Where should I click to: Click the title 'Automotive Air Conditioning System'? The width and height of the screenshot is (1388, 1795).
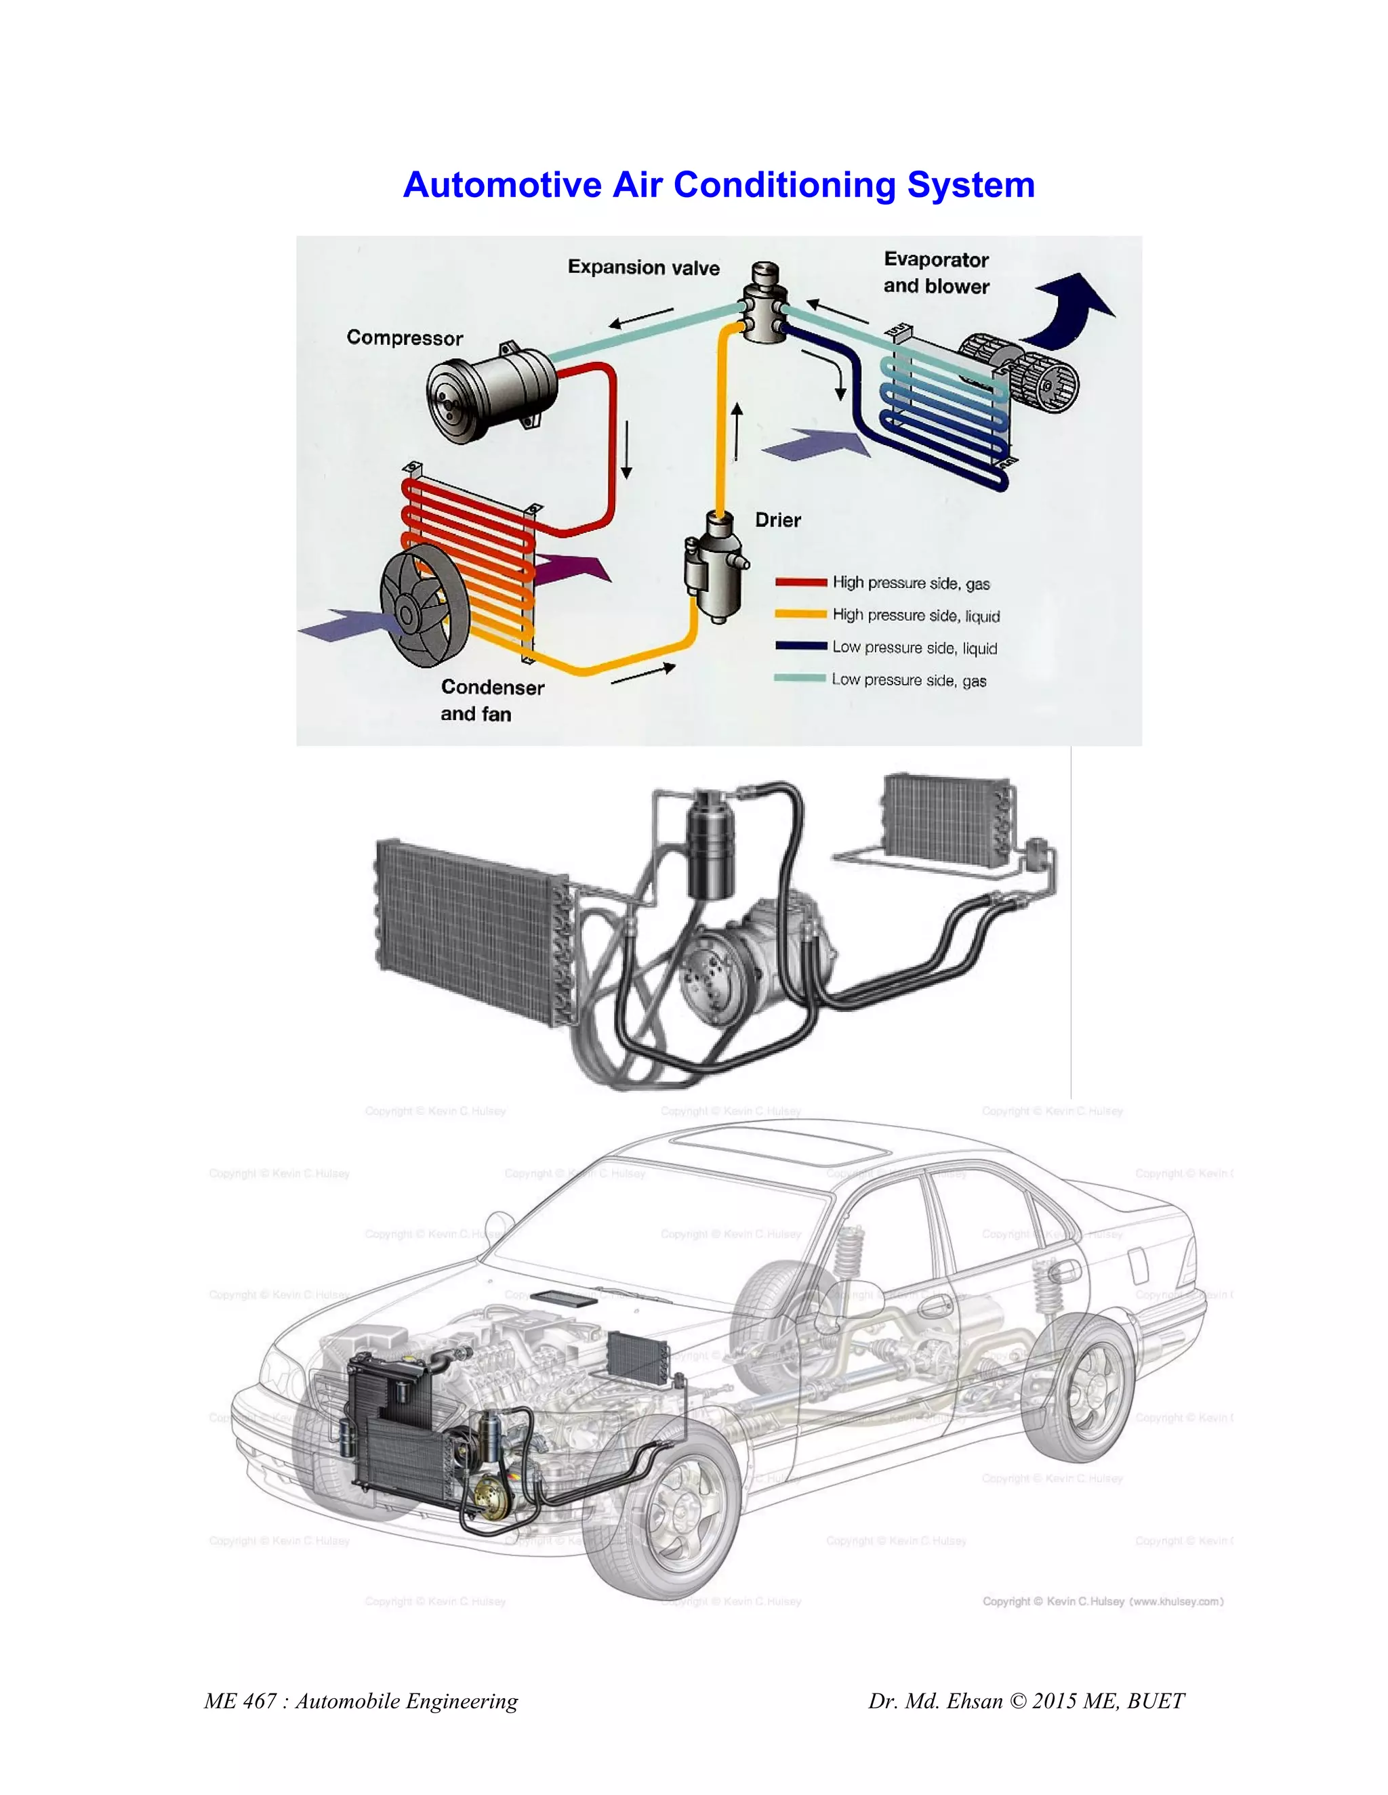[x=718, y=185]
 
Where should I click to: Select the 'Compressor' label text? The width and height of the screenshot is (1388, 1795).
[x=405, y=338]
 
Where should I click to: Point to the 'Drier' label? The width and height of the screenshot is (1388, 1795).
[x=777, y=520]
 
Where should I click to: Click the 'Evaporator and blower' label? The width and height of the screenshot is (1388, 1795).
[x=936, y=273]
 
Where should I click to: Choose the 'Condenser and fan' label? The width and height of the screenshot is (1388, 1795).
[x=492, y=700]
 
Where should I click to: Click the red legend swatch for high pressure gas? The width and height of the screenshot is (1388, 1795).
[x=800, y=583]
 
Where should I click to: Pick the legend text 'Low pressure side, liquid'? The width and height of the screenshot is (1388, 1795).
[x=914, y=648]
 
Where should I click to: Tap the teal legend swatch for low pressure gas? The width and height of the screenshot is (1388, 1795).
[x=800, y=678]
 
